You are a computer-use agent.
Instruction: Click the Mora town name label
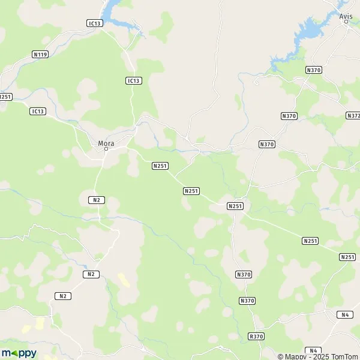[x=106, y=143]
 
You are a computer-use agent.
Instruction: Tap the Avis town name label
[x=346, y=17]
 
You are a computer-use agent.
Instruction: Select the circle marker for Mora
[x=106, y=149]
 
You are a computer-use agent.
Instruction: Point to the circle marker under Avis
[x=346, y=23]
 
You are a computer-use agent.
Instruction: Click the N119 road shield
[x=40, y=55]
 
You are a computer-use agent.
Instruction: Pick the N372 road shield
[x=353, y=115]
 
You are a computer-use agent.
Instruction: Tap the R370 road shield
[x=256, y=337]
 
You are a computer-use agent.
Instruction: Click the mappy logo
[x=19, y=353]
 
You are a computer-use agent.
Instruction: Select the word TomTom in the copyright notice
[x=343, y=356]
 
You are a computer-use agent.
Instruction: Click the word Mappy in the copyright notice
[x=296, y=356]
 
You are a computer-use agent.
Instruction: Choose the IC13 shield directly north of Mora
[x=133, y=81]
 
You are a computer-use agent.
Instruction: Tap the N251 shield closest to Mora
[x=160, y=166]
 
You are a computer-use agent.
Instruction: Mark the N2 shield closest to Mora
[x=96, y=199]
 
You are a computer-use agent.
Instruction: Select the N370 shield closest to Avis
[x=314, y=70]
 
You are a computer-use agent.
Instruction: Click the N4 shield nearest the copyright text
[x=313, y=350]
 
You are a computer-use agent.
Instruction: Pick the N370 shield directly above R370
[x=247, y=301]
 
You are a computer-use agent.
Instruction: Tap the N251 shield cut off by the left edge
[x=5, y=97]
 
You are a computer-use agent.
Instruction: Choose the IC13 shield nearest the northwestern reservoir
[x=95, y=23]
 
